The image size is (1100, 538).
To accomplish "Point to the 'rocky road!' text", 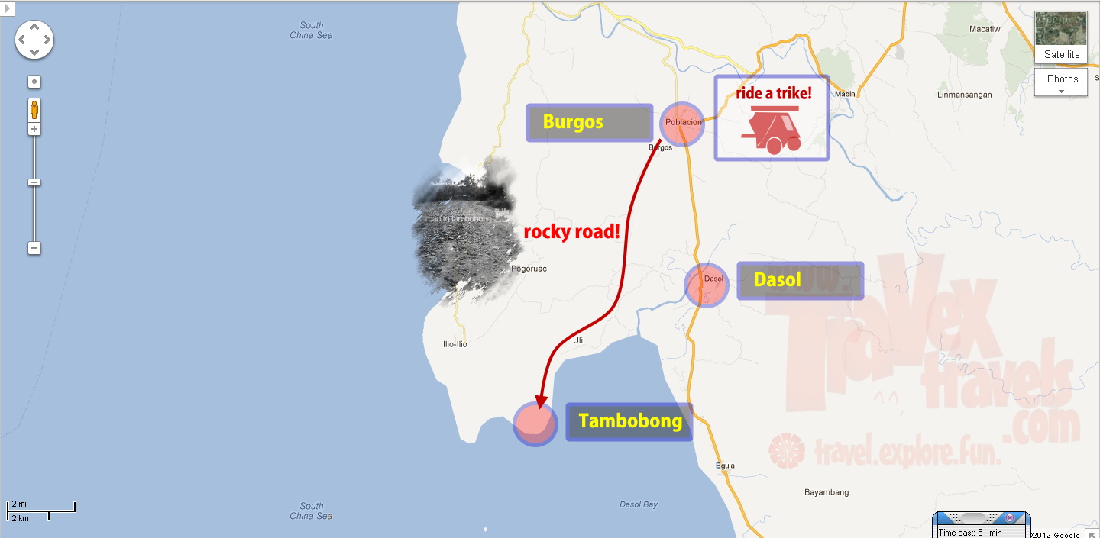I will coord(571,232).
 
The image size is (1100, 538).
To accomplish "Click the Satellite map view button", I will coord(1060,37).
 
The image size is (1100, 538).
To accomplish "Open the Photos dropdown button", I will coord(1060,82).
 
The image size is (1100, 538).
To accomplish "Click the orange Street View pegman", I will coord(34,110).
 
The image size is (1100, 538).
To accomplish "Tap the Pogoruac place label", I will coord(529,269).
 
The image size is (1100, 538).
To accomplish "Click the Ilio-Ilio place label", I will coord(455,344).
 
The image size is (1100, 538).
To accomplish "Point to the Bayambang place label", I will coord(827,492).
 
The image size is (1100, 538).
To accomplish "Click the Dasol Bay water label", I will coord(639,504).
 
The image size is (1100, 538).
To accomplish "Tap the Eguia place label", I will coord(725,466).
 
